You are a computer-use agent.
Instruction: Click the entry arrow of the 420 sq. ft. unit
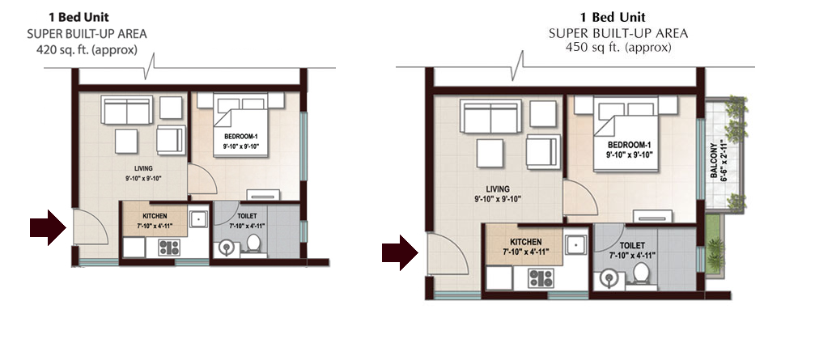pyautogui.click(x=48, y=227)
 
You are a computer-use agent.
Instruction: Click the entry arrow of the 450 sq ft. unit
pyautogui.click(x=400, y=253)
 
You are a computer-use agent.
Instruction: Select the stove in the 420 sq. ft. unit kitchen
pyautogui.click(x=169, y=248)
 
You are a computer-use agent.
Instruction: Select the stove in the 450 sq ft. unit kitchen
pyautogui.click(x=541, y=278)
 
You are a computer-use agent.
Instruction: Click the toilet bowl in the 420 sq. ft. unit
pyautogui.click(x=253, y=244)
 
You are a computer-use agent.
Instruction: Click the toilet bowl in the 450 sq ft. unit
pyautogui.click(x=641, y=274)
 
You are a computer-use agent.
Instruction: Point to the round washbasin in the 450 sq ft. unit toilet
pyautogui.click(x=608, y=279)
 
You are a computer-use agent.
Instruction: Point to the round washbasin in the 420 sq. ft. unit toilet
pyautogui.click(x=227, y=248)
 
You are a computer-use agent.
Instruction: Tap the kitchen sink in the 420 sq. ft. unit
pyautogui.click(x=198, y=219)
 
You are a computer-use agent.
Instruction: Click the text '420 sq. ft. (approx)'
pyautogui.click(x=87, y=50)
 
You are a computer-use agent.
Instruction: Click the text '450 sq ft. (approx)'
pyautogui.click(x=618, y=47)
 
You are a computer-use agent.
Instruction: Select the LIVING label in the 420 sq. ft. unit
pyautogui.click(x=143, y=168)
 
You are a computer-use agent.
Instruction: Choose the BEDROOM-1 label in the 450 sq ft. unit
pyautogui.click(x=629, y=145)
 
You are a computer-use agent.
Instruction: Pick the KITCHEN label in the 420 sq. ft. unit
pyautogui.click(x=155, y=215)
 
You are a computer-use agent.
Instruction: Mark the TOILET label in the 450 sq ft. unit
pyautogui.click(x=633, y=246)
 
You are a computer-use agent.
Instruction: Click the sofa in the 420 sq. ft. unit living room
pyautogui.click(x=127, y=109)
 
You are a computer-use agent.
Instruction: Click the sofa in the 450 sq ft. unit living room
pyautogui.click(x=490, y=116)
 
